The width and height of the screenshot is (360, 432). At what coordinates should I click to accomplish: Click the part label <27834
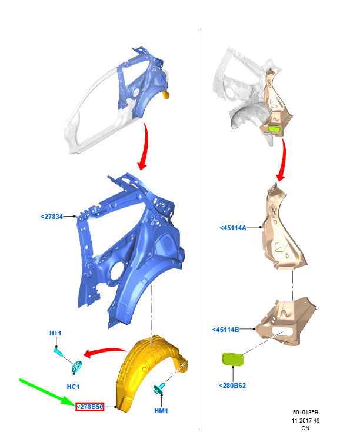pyautogui.click(x=52, y=217)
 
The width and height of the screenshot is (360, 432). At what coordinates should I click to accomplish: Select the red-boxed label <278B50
pyautogui.click(x=90, y=407)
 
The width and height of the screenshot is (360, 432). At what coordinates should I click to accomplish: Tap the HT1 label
pyautogui.click(x=55, y=333)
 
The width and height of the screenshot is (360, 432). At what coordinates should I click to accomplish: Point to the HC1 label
pyautogui.click(x=74, y=387)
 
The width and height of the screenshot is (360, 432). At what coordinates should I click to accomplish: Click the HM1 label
pyautogui.click(x=161, y=411)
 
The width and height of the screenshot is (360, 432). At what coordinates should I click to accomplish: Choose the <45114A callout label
pyautogui.click(x=233, y=228)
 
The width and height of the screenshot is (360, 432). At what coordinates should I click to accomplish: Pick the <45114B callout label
pyautogui.click(x=226, y=330)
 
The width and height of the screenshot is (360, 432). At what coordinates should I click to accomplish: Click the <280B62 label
pyautogui.click(x=232, y=386)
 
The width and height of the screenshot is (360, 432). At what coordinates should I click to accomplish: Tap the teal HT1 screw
pyautogui.click(x=58, y=352)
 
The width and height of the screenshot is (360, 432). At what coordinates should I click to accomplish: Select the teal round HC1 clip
pyautogui.click(x=77, y=367)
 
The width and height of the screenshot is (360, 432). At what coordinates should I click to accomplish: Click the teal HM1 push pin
pyautogui.click(x=159, y=388)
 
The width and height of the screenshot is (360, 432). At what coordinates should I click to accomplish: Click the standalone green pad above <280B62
pyautogui.click(x=233, y=360)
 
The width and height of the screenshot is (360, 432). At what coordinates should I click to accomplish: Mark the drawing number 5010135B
pyautogui.click(x=305, y=413)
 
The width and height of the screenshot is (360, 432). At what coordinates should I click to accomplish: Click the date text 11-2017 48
pyautogui.click(x=305, y=420)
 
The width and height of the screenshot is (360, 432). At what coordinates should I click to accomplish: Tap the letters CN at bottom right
pyautogui.click(x=305, y=428)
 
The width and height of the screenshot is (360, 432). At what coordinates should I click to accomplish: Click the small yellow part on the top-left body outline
pyautogui.click(x=166, y=95)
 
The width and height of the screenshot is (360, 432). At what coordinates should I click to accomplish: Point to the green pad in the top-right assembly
pyautogui.click(x=274, y=129)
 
